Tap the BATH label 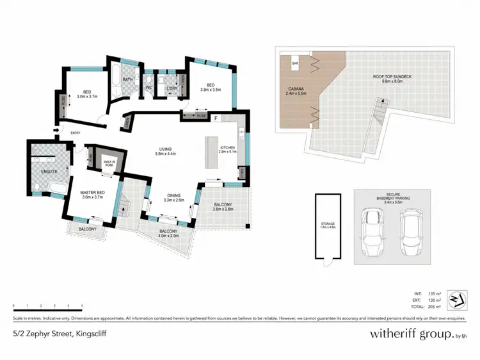127,79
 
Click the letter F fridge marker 216,119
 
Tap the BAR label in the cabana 296,64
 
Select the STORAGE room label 327,225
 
